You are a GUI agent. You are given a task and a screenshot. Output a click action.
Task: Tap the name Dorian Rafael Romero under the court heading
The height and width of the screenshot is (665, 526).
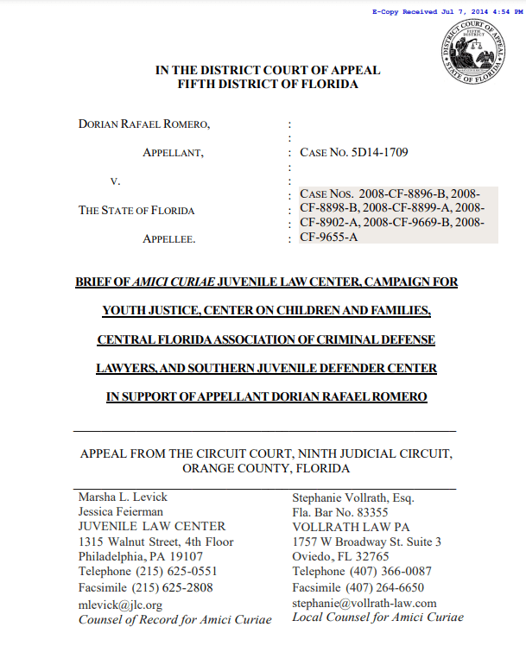pyautogui.click(x=144, y=124)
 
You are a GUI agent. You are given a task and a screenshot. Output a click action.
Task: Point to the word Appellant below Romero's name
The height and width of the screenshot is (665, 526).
pyautogui.click(x=173, y=153)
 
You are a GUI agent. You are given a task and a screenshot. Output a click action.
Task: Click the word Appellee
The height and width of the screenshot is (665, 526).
pyautogui.click(x=169, y=238)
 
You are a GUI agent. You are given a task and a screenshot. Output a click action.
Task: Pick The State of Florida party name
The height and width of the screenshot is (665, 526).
pyautogui.click(x=136, y=210)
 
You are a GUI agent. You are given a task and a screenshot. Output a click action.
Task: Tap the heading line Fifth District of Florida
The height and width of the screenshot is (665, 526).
pyautogui.click(x=267, y=85)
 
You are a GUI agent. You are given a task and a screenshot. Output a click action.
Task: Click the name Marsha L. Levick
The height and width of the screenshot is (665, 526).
pyautogui.click(x=123, y=497)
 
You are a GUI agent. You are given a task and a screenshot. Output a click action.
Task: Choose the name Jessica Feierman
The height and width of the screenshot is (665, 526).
pyautogui.click(x=120, y=512)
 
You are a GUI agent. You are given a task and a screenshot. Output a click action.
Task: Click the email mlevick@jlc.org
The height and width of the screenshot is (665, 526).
pyautogui.click(x=120, y=605)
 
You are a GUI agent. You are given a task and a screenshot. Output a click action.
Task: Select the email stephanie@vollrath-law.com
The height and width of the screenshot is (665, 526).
pyautogui.click(x=364, y=603)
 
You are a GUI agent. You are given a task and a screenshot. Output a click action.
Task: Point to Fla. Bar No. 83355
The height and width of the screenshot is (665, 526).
pyautogui.click(x=340, y=512)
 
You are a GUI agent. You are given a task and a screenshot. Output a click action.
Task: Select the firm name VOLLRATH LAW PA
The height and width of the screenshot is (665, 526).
pyautogui.click(x=351, y=527)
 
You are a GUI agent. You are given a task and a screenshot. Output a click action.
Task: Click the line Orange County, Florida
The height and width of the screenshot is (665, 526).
pyautogui.click(x=266, y=468)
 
